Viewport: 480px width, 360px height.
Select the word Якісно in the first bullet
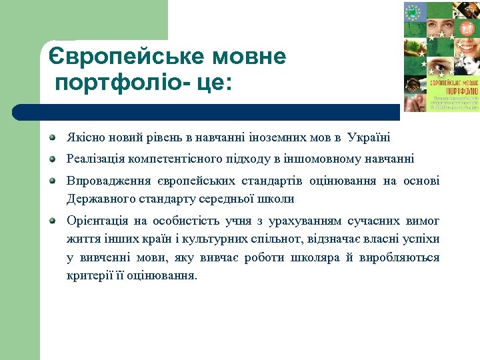(x=81, y=138)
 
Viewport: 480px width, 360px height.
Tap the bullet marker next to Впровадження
(x=53, y=181)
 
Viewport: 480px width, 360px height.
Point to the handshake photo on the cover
(x=414, y=85)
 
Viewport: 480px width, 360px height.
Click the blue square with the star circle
(x=413, y=11)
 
